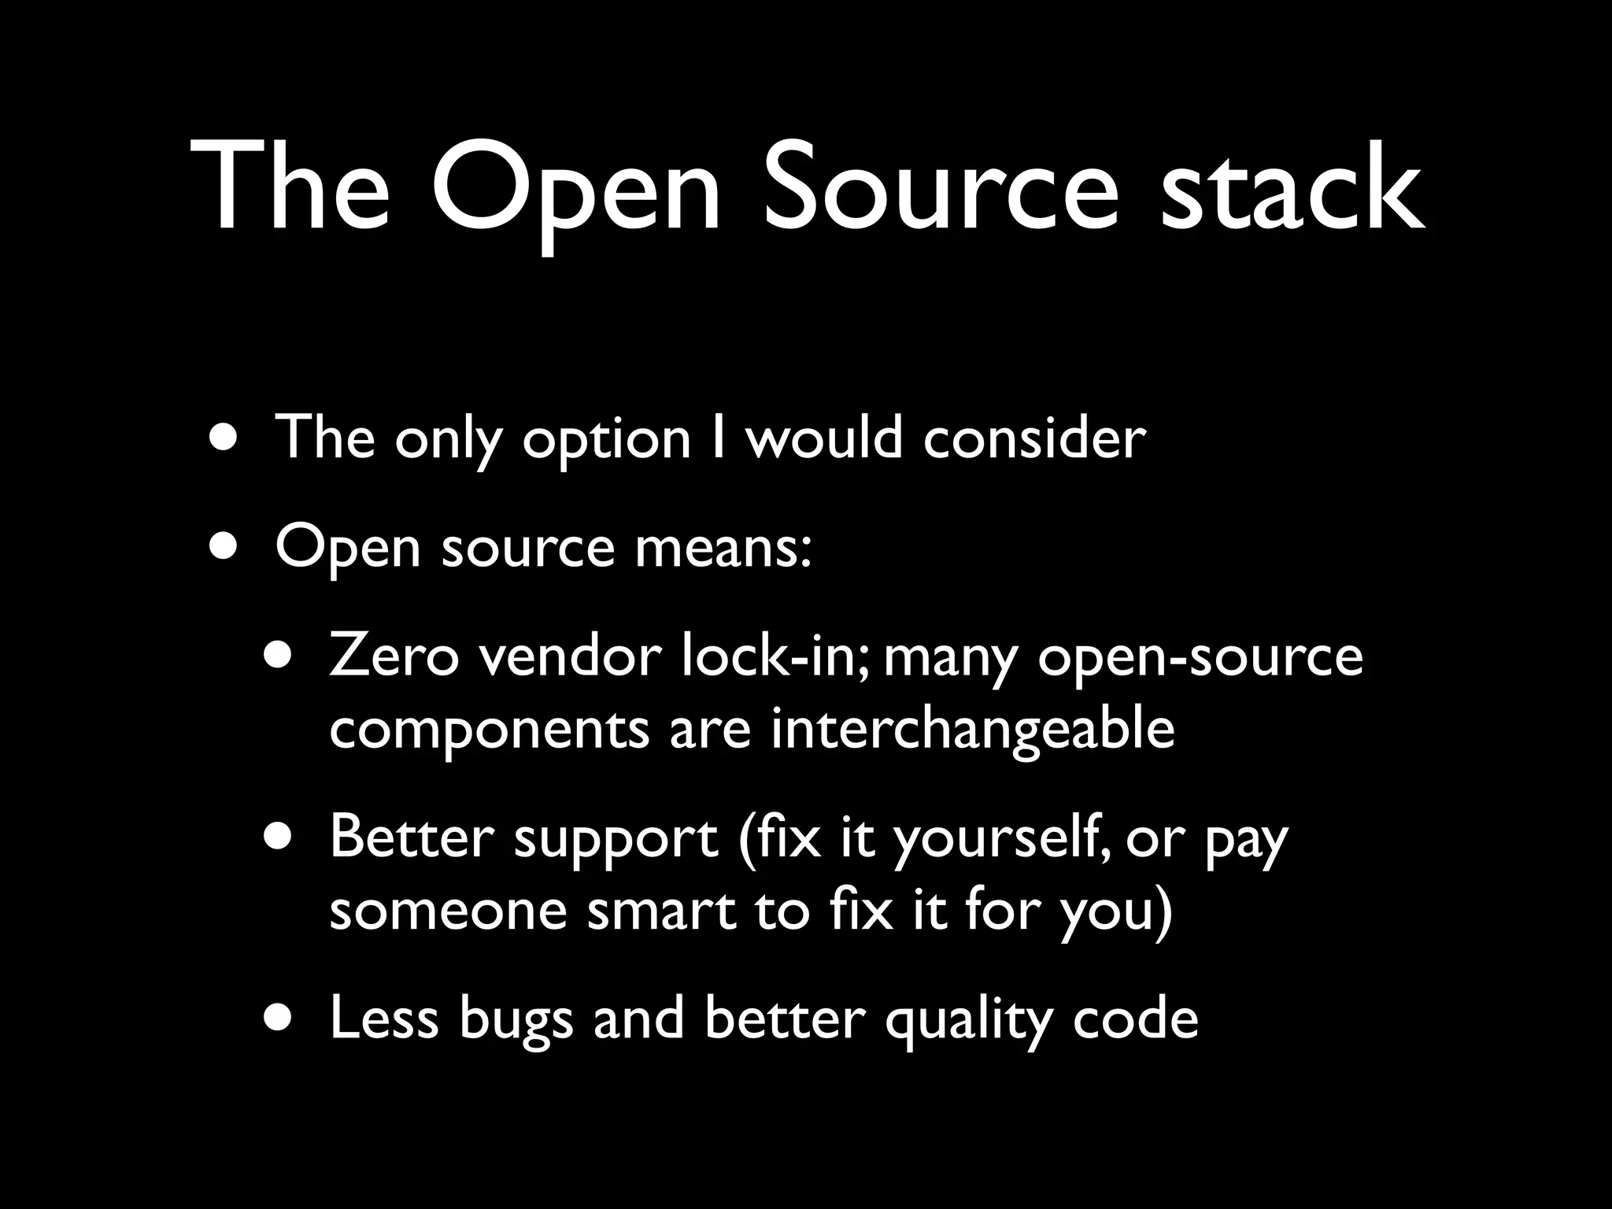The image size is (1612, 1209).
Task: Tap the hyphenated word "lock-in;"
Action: tap(775, 656)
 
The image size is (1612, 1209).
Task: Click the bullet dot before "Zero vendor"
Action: tap(280, 655)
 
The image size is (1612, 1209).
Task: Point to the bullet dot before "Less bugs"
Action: tap(280, 1017)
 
